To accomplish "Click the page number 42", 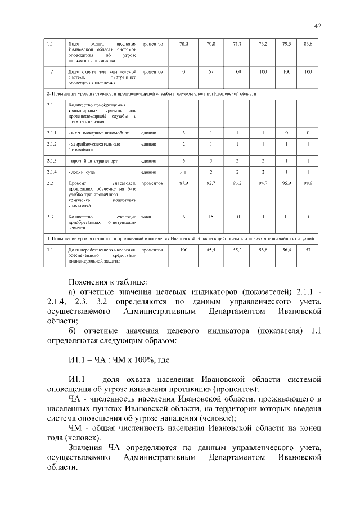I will [x=318, y=25].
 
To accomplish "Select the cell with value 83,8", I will [x=308, y=43].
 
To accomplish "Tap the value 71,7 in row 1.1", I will [x=237, y=43].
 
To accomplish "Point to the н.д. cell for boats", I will [x=184, y=172].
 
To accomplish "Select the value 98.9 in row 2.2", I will [x=308, y=183].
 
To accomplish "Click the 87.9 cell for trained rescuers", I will [x=184, y=183].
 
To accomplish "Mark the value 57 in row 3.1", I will [x=308, y=249].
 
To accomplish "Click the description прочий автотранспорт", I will [x=93, y=160].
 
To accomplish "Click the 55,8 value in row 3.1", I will [x=263, y=249].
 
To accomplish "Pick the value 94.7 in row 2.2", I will [x=263, y=183].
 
